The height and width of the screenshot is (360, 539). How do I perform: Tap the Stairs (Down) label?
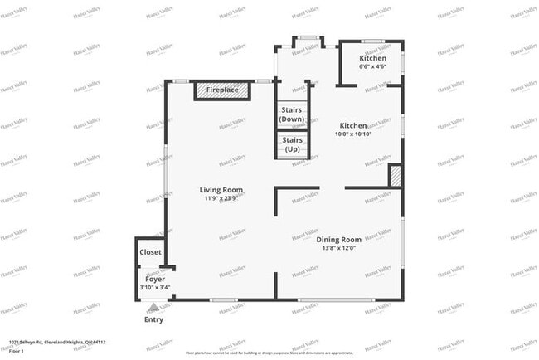pyautogui.click(x=292, y=114)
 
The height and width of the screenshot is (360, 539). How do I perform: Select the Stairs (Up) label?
pyautogui.click(x=292, y=144)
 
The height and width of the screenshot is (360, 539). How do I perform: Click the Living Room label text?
pyautogui.click(x=221, y=190)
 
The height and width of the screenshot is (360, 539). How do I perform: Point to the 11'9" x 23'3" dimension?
pyautogui.click(x=221, y=198)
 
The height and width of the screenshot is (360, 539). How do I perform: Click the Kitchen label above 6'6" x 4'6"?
pyautogui.click(x=372, y=58)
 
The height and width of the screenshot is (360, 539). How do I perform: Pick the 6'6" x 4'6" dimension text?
pyautogui.click(x=372, y=67)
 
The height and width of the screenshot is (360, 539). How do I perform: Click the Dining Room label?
pyautogui.click(x=340, y=240)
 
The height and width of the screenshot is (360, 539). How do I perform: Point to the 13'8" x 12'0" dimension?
pyautogui.click(x=340, y=248)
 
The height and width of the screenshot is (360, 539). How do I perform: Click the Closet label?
pyautogui.click(x=151, y=252)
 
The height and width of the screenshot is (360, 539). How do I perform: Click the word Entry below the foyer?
pyautogui.click(x=153, y=319)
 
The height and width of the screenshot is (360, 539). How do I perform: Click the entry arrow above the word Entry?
pyautogui.click(x=153, y=308)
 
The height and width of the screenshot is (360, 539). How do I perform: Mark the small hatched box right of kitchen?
pyautogui.click(x=396, y=176)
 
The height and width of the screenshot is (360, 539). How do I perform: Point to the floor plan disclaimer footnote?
pyautogui.click(x=270, y=353)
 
